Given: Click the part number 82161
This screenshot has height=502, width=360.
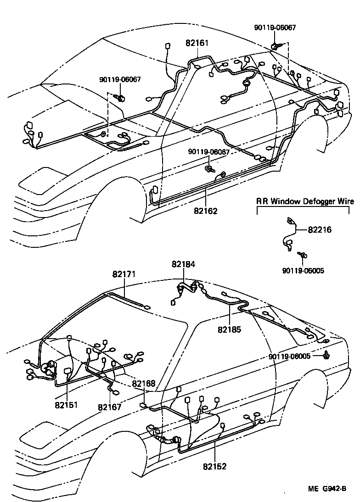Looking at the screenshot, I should tap(197, 44).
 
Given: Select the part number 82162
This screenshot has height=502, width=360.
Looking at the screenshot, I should tap(205, 212).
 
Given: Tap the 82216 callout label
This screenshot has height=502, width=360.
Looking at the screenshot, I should tap(320, 229).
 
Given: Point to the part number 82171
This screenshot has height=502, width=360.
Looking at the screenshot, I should tap(124, 274).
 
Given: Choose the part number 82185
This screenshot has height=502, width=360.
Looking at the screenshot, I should tap(229, 329).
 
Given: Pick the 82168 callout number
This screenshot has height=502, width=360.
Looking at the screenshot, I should tap(144, 384).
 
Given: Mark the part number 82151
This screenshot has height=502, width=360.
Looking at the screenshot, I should tap(66, 405).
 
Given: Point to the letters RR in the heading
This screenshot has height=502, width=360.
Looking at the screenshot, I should tap(262, 201).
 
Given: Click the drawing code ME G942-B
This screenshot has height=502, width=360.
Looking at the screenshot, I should tap(326, 489).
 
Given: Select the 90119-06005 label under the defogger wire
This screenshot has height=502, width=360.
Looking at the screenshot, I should tap(303, 271).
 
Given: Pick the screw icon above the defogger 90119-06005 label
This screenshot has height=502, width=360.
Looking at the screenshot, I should tap(303, 256).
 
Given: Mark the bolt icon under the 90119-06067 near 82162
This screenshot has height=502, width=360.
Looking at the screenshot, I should tap(209, 168).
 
